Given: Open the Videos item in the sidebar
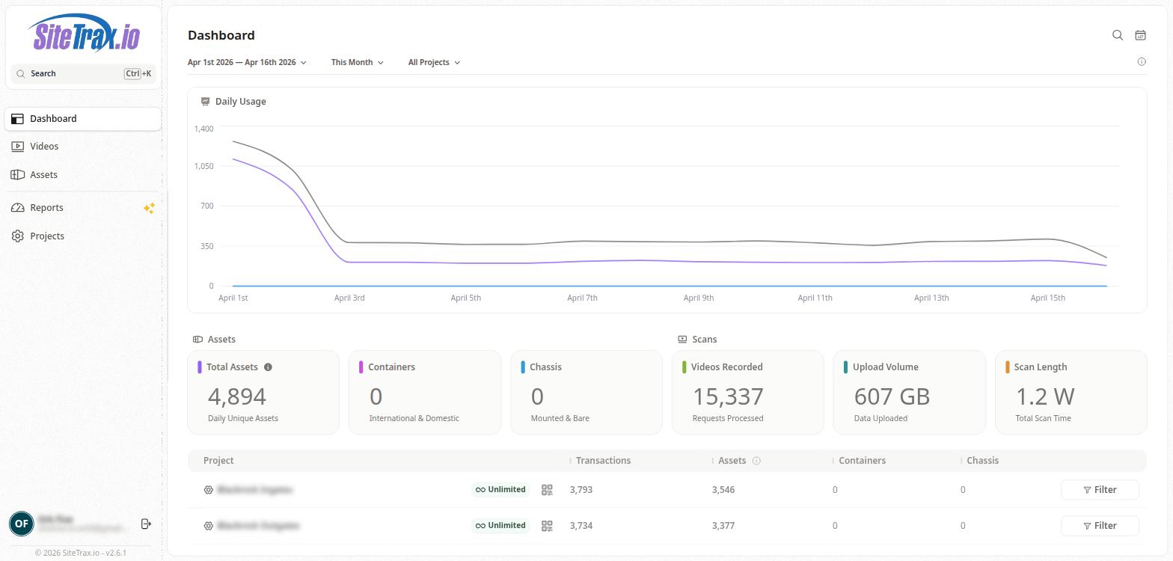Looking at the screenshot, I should pyautogui.click(x=44, y=147).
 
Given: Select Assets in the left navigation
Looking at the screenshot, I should pyautogui.click(x=43, y=175).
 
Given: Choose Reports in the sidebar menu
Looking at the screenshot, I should pyautogui.click(x=46, y=208).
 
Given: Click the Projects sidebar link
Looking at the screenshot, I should pyautogui.click(x=46, y=236).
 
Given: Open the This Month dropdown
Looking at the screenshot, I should pyautogui.click(x=357, y=63).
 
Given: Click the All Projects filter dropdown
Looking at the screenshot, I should pyautogui.click(x=434, y=63).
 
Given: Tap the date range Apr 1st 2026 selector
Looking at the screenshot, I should pyautogui.click(x=247, y=63).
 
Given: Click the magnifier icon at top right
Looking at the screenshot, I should pyautogui.click(x=1118, y=35).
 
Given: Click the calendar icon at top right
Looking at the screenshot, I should pyautogui.click(x=1140, y=35).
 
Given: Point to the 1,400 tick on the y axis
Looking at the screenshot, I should pyautogui.click(x=203, y=129).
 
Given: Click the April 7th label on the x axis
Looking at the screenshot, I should pyautogui.click(x=582, y=298).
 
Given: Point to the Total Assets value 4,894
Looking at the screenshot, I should pyautogui.click(x=237, y=396).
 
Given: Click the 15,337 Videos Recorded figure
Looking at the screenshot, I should pyautogui.click(x=728, y=396).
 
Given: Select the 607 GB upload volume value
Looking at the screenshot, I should pyautogui.click(x=892, y=396).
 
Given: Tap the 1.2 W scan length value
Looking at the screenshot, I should pyautogui.click(x=1045, y=396).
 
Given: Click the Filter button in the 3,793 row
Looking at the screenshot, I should pyautogui.click(x=1100, y=490).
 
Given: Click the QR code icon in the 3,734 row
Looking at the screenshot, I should pyautogui.click(x=547, y=526).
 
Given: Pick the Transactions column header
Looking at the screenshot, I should pyautogui.click(x=603, y=461).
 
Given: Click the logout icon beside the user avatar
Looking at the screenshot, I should pyautogui.click(x=146, y=524).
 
